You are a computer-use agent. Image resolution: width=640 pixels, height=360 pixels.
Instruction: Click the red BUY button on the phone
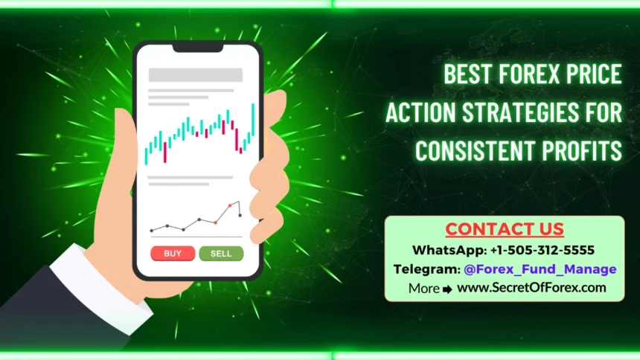(173, 253)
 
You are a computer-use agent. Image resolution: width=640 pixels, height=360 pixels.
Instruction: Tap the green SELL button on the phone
(221, 253)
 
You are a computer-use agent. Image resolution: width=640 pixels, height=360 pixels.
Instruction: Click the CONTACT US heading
(505, 229)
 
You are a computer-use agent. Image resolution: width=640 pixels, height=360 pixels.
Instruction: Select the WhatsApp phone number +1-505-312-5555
(543, 249)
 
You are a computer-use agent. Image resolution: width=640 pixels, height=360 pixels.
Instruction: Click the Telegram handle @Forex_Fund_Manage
(540, 269)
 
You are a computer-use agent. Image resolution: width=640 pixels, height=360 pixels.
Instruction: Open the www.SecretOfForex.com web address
(531, 287)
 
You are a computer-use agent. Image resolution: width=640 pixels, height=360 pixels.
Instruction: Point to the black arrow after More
(447, 289)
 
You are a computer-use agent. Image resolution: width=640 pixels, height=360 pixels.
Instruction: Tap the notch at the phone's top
(197, 47)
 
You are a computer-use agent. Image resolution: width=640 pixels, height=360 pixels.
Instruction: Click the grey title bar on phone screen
(196, 74)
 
